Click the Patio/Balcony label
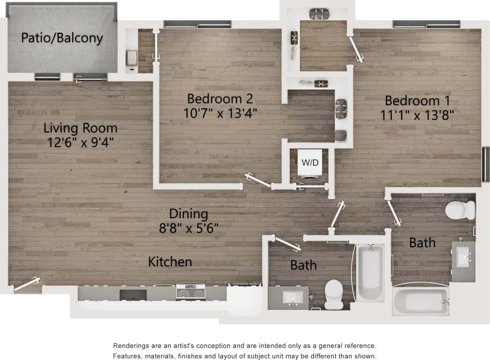click(x=62, y=38)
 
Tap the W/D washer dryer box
click(x=310, y=162)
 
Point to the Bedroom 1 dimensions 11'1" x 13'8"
click(x=417, y=114)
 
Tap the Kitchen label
click(x=170, y=262)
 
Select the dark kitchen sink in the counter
click(x=133, y=295)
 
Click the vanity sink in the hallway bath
click(x=292, y=297)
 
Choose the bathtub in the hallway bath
click(x=371, y=271)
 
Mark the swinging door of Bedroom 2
click(x=258, y=180)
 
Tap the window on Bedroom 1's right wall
click(x=486, y=164)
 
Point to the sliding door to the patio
click(x=90, y=77)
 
